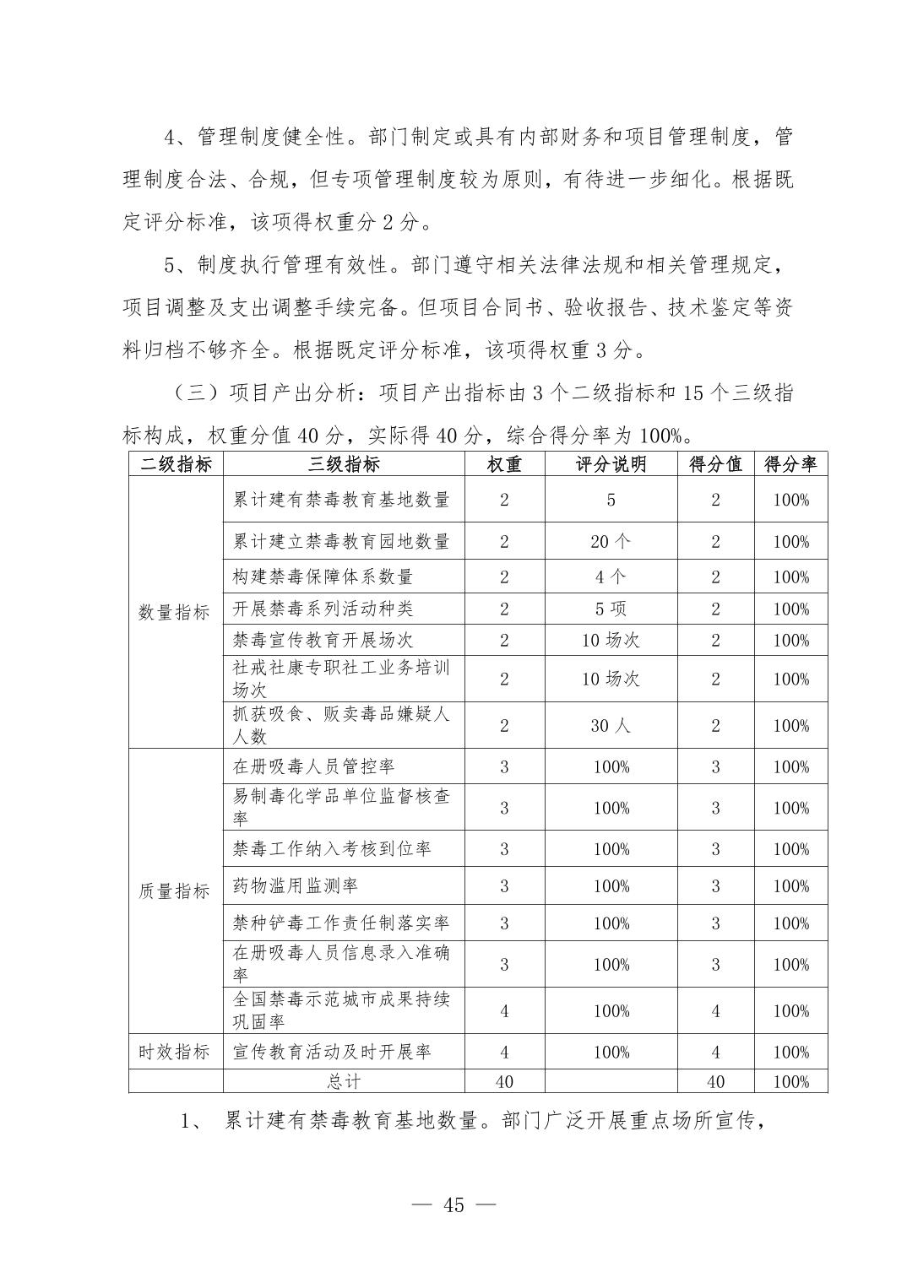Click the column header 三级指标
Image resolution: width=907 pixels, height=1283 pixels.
344,464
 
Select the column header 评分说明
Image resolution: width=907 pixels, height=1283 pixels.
611,464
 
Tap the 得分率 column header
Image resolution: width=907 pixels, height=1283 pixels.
790,464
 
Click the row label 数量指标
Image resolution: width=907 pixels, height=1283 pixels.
175,612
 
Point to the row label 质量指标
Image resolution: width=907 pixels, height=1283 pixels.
175,891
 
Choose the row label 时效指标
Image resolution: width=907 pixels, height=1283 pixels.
175,1052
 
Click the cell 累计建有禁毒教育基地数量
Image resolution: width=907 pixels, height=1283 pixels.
341,500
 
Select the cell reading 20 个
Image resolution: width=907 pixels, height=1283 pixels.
611,542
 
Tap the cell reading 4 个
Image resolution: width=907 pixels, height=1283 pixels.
611,577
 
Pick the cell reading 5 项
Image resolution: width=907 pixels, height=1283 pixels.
611,609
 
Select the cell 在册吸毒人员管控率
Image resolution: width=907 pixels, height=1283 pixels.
313,766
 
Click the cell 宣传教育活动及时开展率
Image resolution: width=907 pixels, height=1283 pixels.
332,1052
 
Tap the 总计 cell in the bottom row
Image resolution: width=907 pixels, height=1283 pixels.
344,1081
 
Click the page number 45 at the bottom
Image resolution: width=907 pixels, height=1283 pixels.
453,1205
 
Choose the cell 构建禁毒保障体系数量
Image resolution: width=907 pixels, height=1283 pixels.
323,577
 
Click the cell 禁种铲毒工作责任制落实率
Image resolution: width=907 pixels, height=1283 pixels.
341,923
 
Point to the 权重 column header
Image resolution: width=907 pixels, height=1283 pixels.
504,464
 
